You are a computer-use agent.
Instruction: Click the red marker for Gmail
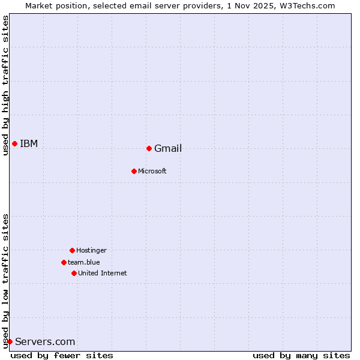[149, 148]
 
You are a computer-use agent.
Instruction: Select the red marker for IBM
[14, 143]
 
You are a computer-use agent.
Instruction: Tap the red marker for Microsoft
[134, 171]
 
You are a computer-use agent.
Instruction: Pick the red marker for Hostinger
[72, 250]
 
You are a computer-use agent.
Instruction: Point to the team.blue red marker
[64, 262]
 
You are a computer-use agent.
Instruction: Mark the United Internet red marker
[74, 273]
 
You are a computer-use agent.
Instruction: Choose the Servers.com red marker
[10, 341]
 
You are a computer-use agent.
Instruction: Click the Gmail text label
[168, 149]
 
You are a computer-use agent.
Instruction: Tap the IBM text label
[29, 143]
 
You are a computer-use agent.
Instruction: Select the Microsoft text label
[152, 172]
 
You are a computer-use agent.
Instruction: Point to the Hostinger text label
[91, 250]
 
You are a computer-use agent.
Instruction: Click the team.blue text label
[84, 262]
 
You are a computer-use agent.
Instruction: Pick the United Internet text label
[103, 274]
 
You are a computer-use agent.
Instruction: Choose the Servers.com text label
[45, 342]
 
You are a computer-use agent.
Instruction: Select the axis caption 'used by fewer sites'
[62, 355]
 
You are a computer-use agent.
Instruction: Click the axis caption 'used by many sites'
[301, 355]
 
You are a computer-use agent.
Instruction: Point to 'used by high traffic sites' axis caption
[5, 85]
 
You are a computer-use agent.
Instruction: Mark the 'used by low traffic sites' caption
[5, 280]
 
